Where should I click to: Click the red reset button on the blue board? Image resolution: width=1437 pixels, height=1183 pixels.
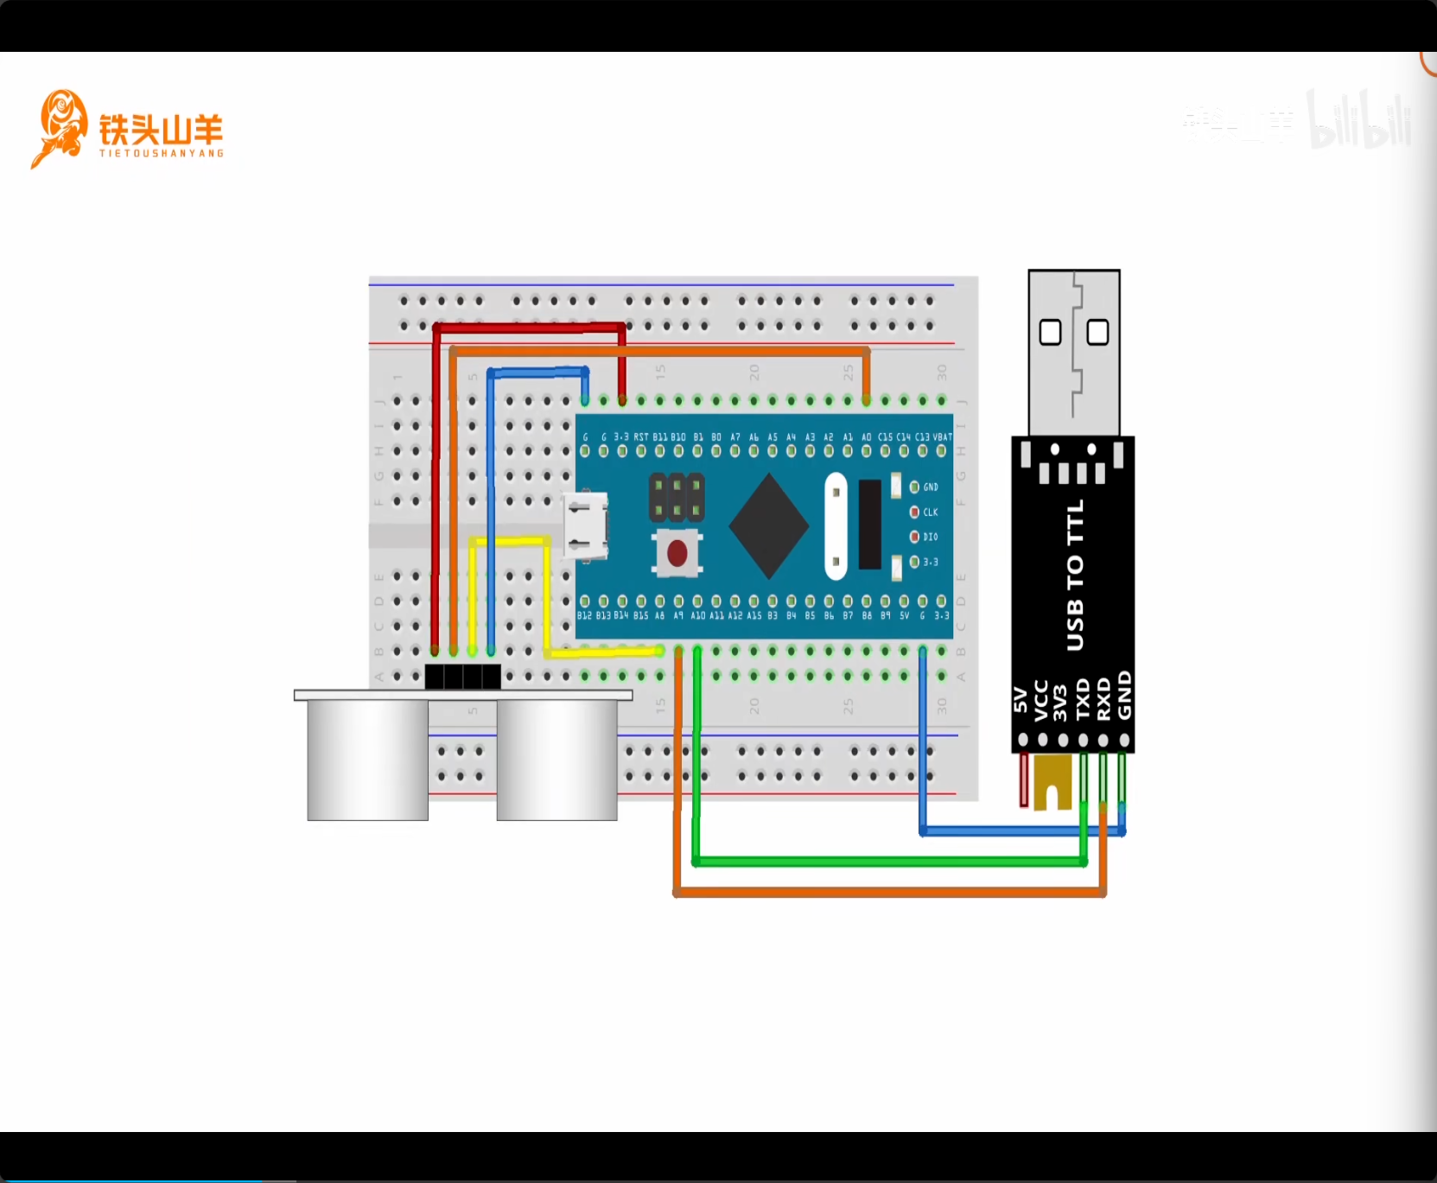click(x=677, y=552)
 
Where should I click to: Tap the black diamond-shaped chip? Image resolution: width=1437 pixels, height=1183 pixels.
click(x=768, y=525)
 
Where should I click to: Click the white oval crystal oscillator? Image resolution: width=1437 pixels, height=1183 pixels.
click(x=836, y=525)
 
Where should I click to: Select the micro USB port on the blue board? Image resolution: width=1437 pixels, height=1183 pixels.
click(x=586, y=525)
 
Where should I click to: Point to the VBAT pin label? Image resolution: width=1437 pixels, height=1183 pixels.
click(x=942, y=437)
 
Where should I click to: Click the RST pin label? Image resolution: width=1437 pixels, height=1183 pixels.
click(x=640, y=437)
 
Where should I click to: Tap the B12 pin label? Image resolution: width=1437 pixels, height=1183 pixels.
click(x=585, y=616)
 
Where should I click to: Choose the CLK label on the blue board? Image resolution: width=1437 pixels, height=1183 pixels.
click(x=931, y=512)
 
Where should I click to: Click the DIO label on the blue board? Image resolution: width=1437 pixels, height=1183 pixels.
click(x=931, y=537)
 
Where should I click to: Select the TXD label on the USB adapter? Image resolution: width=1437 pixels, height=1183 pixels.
click(x=1083, y=699)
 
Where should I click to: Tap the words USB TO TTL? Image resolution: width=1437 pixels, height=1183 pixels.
click(x=1074, y=575)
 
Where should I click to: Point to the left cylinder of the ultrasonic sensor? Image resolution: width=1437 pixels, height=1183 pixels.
click(x=367, y=759)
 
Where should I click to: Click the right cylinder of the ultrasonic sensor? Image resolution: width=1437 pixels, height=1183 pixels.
click(x=556, y=759)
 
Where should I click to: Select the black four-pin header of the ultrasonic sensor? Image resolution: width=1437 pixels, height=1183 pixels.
click(x=462, y=676)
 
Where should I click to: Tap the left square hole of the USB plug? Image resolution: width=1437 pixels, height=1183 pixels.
click(x=1050, y=332)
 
